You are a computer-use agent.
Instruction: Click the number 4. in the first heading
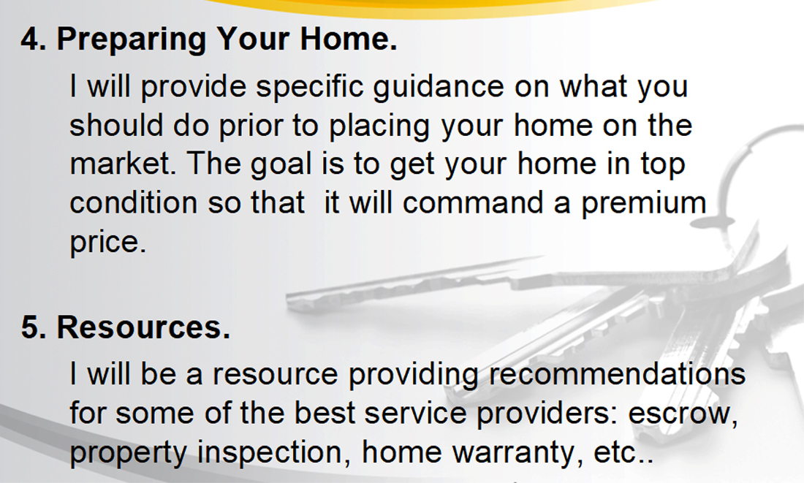point(34,39)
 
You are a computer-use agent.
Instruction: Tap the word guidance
point(439,87)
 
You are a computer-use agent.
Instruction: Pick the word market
point(123,164)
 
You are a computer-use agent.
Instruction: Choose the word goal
point(281,165)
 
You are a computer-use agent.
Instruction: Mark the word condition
point(133,202)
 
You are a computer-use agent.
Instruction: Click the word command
point(473,202)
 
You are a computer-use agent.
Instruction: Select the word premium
point(643,204)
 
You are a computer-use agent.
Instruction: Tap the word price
point(108,243)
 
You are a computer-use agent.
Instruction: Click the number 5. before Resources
point(34,327)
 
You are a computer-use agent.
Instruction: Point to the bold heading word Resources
point(143,327)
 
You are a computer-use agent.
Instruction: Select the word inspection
point(270,453)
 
